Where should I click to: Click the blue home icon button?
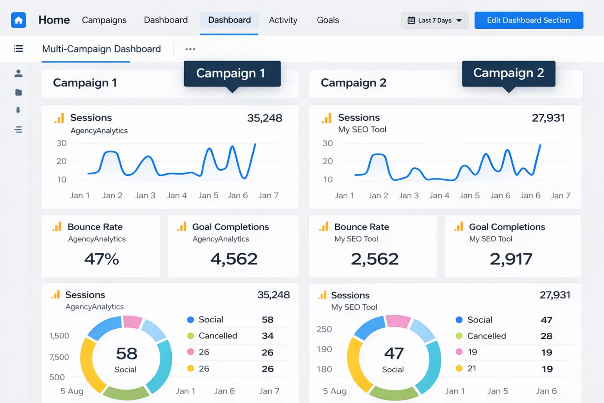[x=19, y=20]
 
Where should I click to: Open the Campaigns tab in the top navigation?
[x=104, y=20]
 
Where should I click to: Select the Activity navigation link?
[x=283, y=20]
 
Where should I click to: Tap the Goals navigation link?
[x=328, y=20]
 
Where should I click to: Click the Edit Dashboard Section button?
[x=529, y=20]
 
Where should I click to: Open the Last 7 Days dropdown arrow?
[x=459, y=20]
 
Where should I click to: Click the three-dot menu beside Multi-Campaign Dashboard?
[x=190, y=49]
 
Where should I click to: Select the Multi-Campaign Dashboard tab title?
[x=101, y=49]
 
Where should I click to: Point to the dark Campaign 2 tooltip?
[x=509, y=74]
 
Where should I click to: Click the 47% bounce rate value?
[x=102, y=259]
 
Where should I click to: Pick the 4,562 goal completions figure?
[x=234, y=259]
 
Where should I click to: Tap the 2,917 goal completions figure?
[x=511, y=259]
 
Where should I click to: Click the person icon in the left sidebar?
[x=19, y=73]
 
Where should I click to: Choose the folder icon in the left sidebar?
[x=19, y=92]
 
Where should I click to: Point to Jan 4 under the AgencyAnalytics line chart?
[x=177, y=196]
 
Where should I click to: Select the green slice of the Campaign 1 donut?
[x=126, y=393]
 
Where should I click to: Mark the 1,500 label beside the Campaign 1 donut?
[x=59, y=336]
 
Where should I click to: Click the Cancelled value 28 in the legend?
[x=546, y=336]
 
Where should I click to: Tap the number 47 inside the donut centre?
[x=394, y=353]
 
